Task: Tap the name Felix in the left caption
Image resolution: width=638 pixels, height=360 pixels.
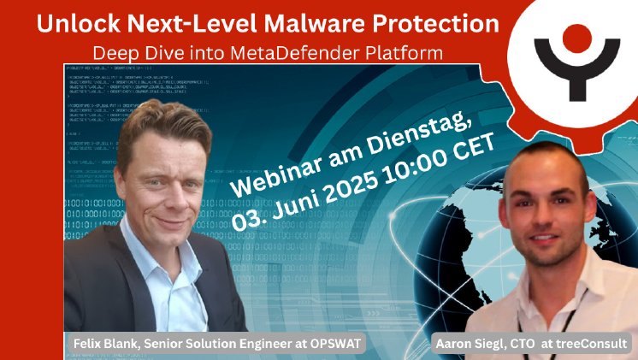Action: (x=87, y=344)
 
